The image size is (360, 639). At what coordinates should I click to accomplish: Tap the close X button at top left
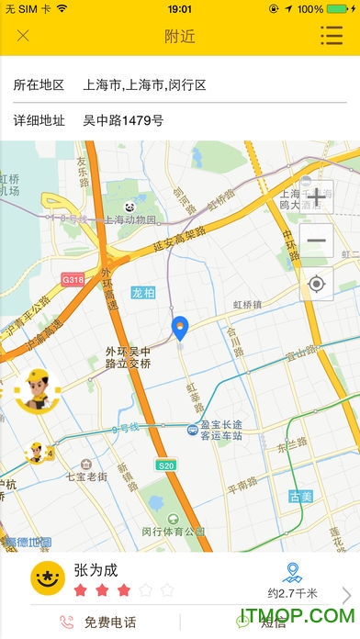[23, 37]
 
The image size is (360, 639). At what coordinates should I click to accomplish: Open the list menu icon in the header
[332, 36]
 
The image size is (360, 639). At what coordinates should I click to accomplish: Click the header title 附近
[180, 37]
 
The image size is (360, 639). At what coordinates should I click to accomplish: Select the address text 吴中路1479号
[123, 119]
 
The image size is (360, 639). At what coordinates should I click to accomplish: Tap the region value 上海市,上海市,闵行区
[144, 84]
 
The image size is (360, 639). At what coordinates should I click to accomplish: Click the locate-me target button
[317, 284]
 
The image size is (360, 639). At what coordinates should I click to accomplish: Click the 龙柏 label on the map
[144, 293]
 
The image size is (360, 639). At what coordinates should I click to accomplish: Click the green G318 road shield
[73, 278]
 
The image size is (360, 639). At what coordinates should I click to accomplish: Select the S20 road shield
[165, 465]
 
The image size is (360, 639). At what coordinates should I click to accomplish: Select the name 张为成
[97, 570]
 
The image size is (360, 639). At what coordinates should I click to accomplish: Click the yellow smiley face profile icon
[47, 577]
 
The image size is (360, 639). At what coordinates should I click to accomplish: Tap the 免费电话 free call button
[99, 622]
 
